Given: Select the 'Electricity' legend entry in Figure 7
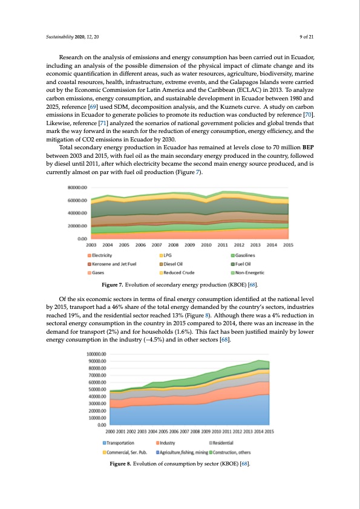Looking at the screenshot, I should pos(103,255).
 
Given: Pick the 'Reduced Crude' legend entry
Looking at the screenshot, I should pos(180,273).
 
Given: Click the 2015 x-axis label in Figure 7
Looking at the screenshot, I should pos(288,245).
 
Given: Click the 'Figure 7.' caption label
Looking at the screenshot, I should pos(114,285).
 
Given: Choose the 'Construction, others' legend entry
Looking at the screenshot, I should pos(238,452).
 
